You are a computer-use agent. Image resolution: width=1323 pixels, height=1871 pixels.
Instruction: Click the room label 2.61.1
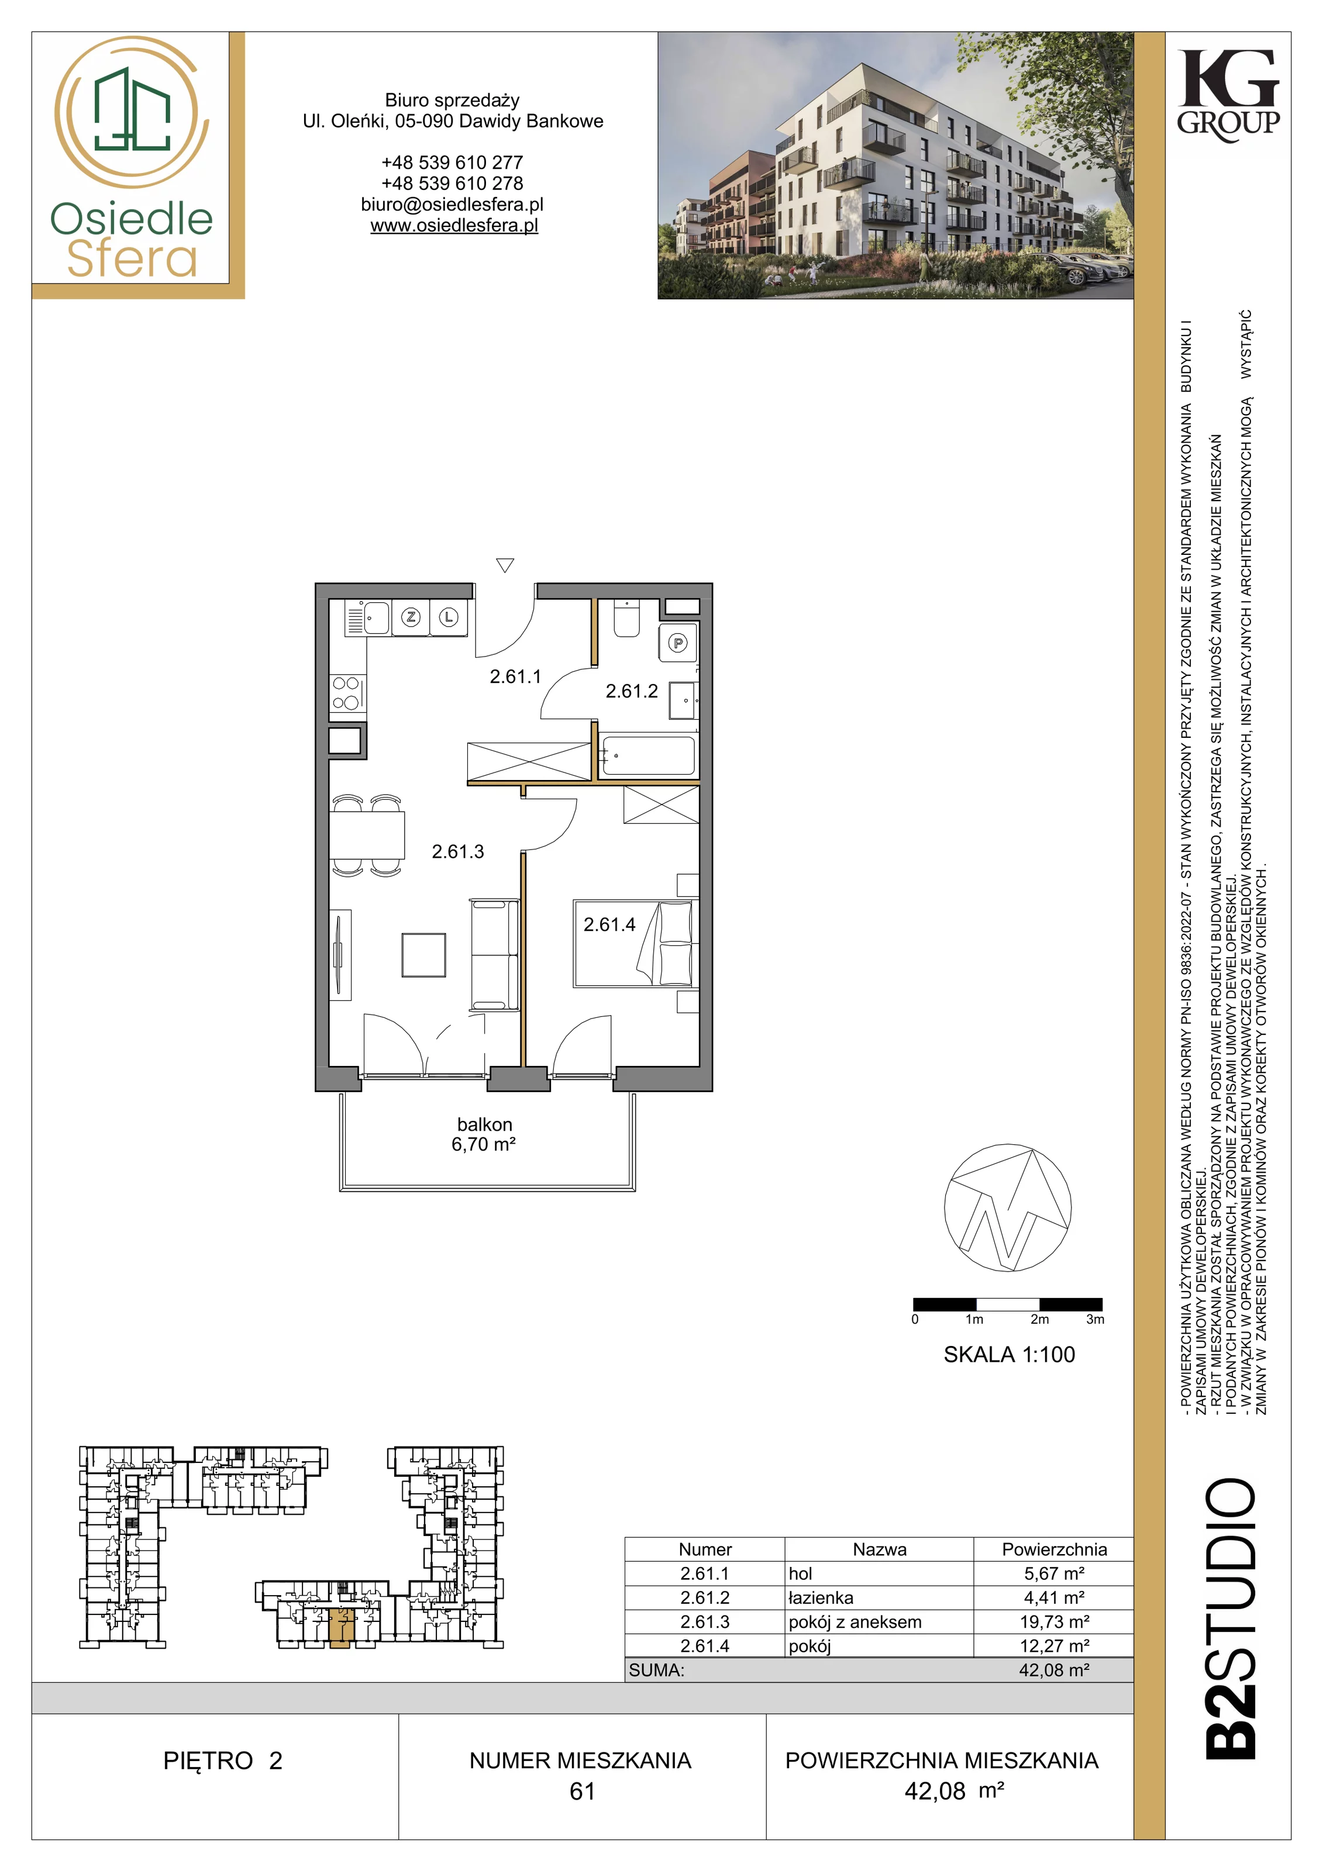(515, 676)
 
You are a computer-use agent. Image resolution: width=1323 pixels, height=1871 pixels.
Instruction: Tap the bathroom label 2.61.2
(631, 691)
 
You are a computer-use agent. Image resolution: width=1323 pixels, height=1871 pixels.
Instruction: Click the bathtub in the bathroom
(648, 755)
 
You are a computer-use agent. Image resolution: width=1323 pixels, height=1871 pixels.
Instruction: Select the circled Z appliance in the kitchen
(411, 617)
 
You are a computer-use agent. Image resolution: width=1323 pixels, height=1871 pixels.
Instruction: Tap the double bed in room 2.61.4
(636, 944)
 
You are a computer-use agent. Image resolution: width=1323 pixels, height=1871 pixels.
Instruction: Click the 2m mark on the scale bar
(1039, 1319)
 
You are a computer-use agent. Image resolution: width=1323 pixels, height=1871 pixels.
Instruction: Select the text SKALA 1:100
(1009, 1354)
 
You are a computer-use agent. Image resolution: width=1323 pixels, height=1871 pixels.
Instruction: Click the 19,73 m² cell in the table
(1054, 1622)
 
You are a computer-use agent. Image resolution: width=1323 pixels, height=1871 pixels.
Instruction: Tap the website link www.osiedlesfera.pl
(454, 226)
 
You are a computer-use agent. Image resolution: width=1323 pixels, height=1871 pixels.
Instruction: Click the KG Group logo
(1228, 95)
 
